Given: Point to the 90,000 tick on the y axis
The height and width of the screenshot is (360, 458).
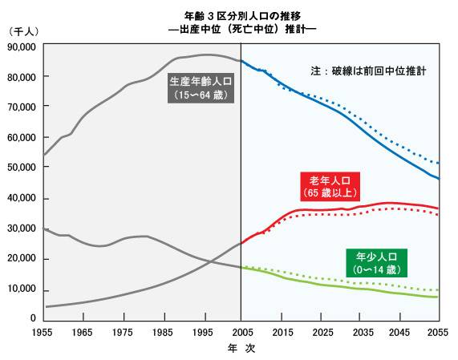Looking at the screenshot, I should click(21, 47).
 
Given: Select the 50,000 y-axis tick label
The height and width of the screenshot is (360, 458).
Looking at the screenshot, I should click(21, 168).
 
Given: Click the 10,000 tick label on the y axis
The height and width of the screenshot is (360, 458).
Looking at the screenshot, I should click(21, 289).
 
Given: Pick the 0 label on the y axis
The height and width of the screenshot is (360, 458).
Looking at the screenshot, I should click(33, 319).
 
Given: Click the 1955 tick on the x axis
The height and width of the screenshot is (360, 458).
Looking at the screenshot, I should click(44, 332).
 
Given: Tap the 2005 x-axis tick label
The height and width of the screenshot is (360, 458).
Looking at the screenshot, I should click(241, 332).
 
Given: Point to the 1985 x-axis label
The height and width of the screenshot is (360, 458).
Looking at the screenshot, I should click(163, 332).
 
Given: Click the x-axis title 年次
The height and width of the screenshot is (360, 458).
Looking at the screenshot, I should click(241, 349).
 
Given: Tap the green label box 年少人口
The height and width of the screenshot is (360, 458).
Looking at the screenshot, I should click(377, 263).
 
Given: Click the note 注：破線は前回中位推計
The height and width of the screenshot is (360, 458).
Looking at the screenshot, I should click(368, 71).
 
